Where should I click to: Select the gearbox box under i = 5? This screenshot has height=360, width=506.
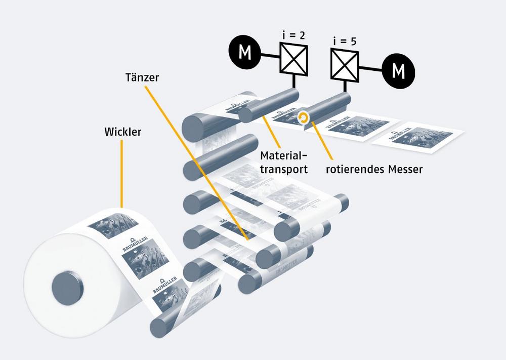[x=345, y=65]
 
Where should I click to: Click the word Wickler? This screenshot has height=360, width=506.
[x=122, y=133]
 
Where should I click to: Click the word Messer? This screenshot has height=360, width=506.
[x=405, y=169]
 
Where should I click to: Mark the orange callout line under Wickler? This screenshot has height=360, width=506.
[x=122, y=175]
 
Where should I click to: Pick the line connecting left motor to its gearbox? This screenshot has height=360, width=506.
[x=270, y=52]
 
